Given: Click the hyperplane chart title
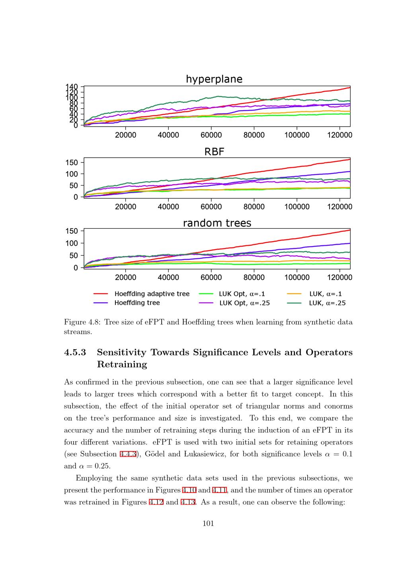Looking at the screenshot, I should click(214, 79).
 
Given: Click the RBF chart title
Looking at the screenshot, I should click(214, 152).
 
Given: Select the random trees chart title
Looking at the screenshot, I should click(217, 223).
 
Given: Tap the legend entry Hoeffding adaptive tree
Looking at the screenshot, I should click(152, 294).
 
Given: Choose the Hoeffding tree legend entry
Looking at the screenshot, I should click(137, 303).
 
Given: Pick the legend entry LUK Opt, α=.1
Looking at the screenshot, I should click(242, 294).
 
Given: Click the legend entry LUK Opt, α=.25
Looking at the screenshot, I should click(244, 303).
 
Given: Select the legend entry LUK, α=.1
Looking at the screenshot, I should click(325, 294).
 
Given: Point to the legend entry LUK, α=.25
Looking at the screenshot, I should click(327, 303).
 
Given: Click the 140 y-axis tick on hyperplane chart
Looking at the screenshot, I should click(72, 87).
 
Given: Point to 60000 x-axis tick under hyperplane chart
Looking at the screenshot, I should click(211, 135).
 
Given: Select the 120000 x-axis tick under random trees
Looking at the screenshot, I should click(339, 277).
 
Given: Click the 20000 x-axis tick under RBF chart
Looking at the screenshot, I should click(126, 207).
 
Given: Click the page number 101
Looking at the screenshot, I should click(208, 524).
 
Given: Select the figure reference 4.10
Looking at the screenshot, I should click(189, 490).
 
